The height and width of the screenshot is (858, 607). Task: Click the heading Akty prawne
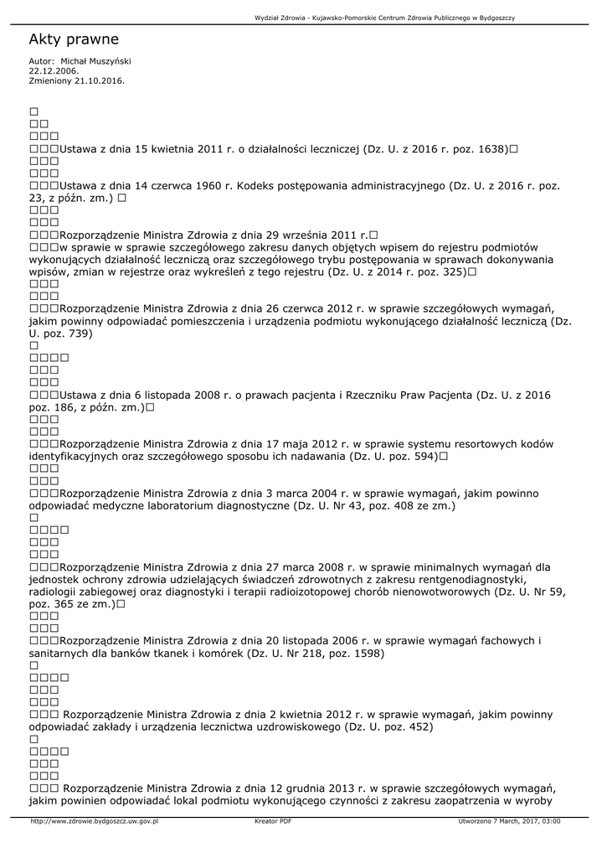74,39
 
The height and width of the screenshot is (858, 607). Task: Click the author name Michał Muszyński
95,61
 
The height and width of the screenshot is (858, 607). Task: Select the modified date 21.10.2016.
98,80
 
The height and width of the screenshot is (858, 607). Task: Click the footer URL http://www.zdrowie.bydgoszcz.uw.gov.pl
94,821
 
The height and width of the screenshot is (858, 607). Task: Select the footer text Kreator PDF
273,821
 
